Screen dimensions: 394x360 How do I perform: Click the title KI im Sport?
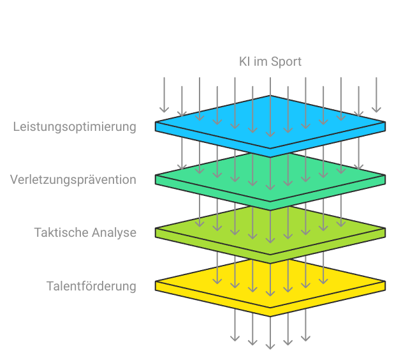(270, 62)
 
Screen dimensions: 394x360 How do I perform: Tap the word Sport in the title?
(286, 62)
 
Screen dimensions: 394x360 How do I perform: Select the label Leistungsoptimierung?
(75, 127)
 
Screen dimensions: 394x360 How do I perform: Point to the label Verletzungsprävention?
(73, 180)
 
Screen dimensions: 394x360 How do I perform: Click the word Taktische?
(61, 232)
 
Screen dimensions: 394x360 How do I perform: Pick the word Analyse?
(114, 233)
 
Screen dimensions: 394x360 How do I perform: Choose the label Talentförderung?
(91, 286)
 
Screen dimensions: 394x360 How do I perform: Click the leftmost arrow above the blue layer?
(164, 95)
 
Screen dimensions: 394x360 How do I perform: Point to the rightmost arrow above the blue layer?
(376, 95)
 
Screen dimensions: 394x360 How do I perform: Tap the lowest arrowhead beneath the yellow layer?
(270, 347)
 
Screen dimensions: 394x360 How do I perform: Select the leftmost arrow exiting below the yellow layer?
(235, 325)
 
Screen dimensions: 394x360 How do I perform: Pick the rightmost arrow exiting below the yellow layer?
(306, 325)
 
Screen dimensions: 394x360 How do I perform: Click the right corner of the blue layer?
(386, 122)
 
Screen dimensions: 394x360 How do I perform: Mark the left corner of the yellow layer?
(156, 281)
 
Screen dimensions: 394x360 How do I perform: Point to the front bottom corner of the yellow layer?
(270, 317)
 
